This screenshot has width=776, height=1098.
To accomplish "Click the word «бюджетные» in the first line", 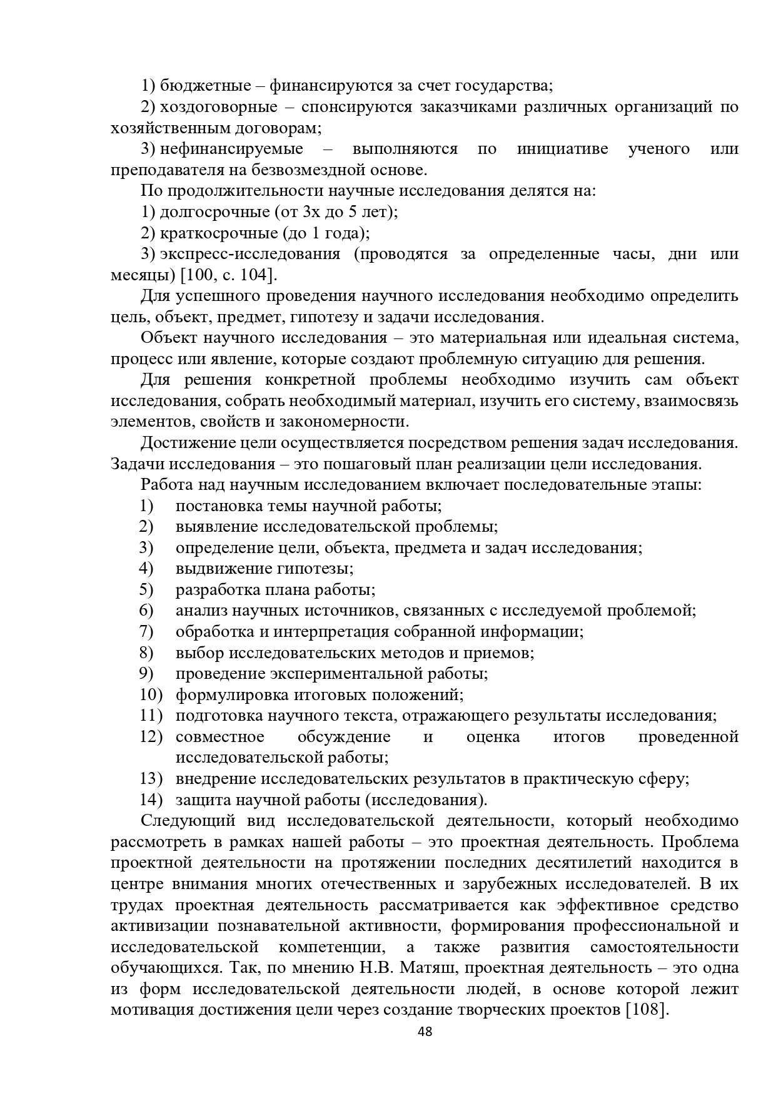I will coord(205,86).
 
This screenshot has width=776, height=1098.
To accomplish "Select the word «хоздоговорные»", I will coord(218,107).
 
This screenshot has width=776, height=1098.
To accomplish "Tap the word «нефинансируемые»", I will coord(231,149).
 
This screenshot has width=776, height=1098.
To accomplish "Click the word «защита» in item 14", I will coord(203,800).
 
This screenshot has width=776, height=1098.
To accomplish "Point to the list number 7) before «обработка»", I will coord(146,631).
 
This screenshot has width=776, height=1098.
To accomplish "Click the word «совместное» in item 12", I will coord(219,736).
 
